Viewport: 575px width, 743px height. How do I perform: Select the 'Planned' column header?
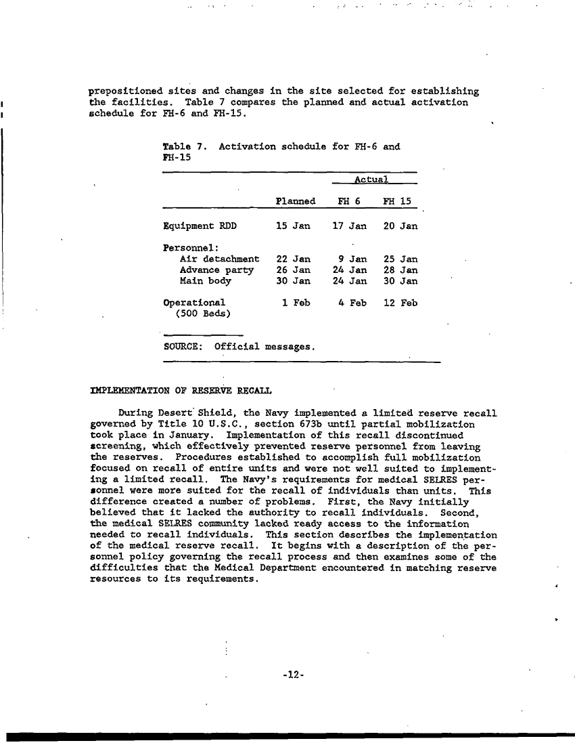coord(296,201)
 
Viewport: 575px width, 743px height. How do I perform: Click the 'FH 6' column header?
coord(349,201)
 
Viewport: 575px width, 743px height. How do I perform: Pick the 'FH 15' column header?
coord(397,201)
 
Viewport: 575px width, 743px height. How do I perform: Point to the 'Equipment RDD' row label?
coord(200,226)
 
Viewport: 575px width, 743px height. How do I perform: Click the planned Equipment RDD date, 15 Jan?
coord(293,226)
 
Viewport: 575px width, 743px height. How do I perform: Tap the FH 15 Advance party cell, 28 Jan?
coord(400,270)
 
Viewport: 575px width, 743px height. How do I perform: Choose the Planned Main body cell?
coord(293,280)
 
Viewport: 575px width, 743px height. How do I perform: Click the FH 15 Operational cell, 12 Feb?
coord(400,303)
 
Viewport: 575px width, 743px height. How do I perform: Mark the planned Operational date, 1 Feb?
coord(296,303)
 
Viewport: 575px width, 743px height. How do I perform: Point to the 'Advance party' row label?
coord(216,270)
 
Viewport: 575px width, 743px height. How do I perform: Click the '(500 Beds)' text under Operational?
coord(202,314)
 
